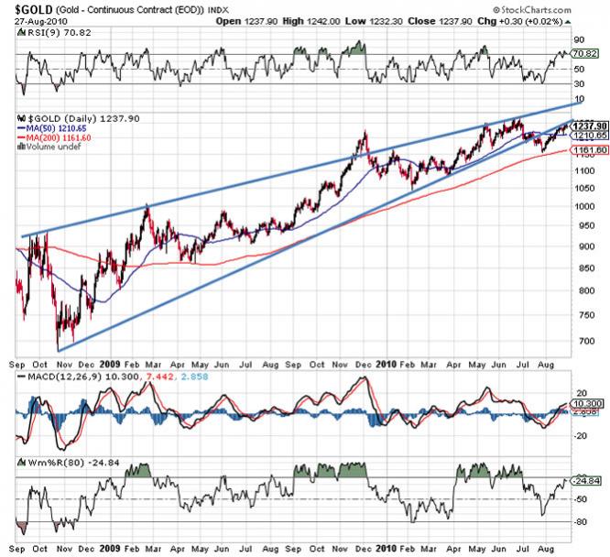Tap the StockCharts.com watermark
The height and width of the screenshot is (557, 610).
pyautogui.click(x=567, y=9)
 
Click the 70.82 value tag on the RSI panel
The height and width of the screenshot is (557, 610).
pyautogui.click(x=585, y=54)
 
